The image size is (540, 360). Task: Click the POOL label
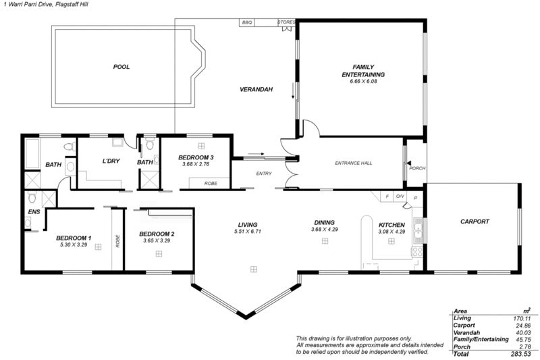pyautogui.click(x=122, y=67)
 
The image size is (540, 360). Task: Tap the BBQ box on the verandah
pyautogui.click(x=247, y=22)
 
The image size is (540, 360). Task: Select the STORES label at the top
pyautogui.click(x=286, y=22)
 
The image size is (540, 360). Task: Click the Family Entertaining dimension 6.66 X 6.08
pyautogui.click(x=363, y=81)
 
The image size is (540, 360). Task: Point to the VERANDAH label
pyautogui.click(x=256, y=90)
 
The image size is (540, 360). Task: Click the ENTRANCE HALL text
pyautogui.click(x=354, y=163)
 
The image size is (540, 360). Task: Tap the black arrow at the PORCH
pyautogui.click(x=408, y=163)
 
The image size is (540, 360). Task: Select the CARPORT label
pyautogui.click(x=475, y=222)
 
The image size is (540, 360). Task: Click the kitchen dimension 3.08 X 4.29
pyautogui.click(x=391, y=232)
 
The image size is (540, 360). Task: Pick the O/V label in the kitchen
pyautogui.click(x=400, y=197)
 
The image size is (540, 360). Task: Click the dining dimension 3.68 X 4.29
pyautogui.click(x=325, y=229)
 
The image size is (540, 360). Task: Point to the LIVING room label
pyautogui.click(x=248, y=225)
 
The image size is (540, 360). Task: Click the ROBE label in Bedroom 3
pyautogui.click(x=211, y=183)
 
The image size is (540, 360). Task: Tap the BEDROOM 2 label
pyautogui.click(x=157, y=234)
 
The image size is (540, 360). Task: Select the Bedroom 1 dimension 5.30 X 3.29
pyautogui.click(x=74, y=245)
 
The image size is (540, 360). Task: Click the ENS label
pyautogui.click(x=34, y=212)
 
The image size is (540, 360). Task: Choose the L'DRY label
pyautogui.click(x=111, y=161)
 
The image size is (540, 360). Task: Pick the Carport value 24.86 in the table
pyautogui.click(x=522, y=326)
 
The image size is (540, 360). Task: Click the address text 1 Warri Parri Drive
pyautogui.click(x=26, y=5)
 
